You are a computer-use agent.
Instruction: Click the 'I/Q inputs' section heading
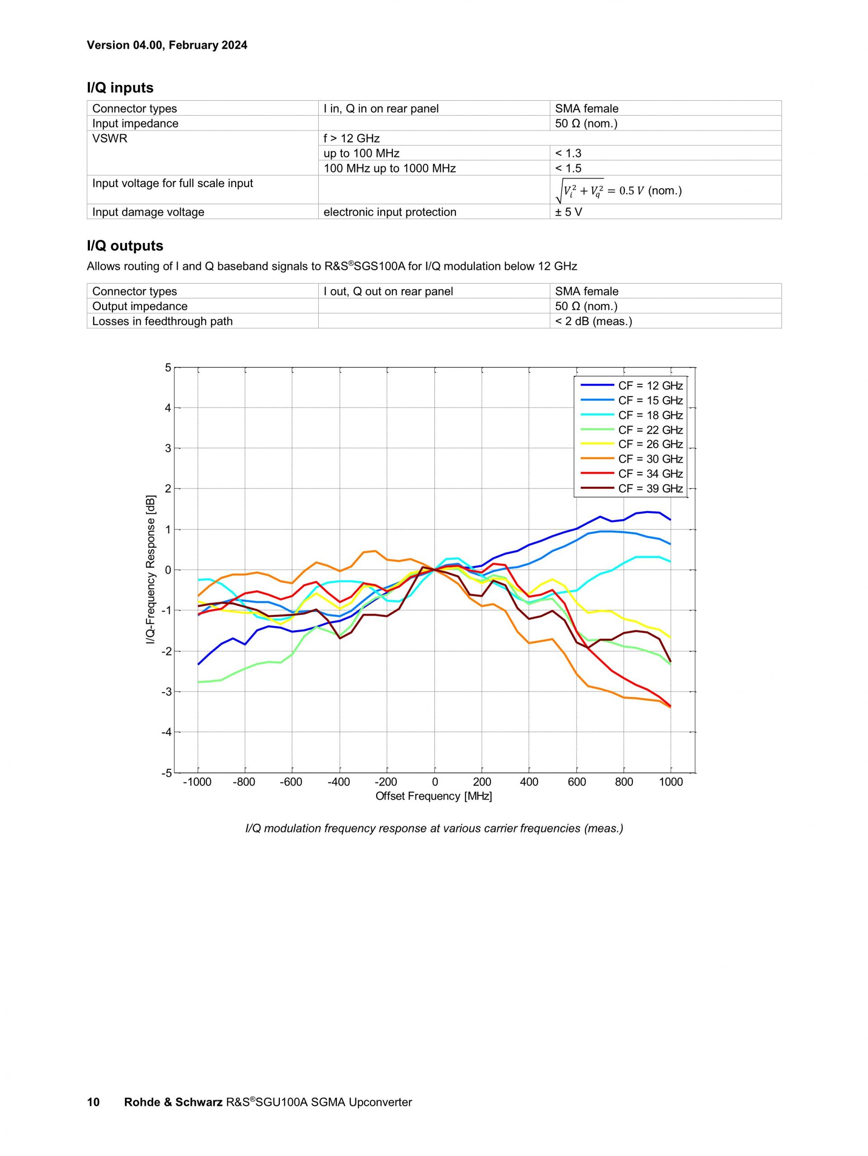120,88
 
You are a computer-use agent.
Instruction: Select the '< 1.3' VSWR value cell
568,153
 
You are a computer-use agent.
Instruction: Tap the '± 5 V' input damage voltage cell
568,212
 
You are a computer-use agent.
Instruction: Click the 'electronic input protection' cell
390,212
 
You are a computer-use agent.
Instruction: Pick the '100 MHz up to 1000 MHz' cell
390,168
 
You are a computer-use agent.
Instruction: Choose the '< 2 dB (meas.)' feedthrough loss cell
594,321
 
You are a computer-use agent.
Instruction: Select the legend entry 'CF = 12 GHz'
650,386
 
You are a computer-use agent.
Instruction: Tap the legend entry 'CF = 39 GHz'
650,489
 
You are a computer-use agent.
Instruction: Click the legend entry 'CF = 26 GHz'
650,444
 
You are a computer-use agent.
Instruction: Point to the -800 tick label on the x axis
244,782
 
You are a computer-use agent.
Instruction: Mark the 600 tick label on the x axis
576,782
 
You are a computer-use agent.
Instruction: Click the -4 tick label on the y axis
166,732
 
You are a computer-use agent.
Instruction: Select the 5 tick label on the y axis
168,368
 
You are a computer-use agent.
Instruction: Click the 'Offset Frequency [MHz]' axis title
434,796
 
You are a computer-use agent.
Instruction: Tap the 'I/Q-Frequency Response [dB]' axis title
151,570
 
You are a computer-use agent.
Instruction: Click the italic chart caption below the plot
434,828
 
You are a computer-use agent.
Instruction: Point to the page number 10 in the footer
93,1102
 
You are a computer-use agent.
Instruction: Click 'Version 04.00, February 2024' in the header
167,45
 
